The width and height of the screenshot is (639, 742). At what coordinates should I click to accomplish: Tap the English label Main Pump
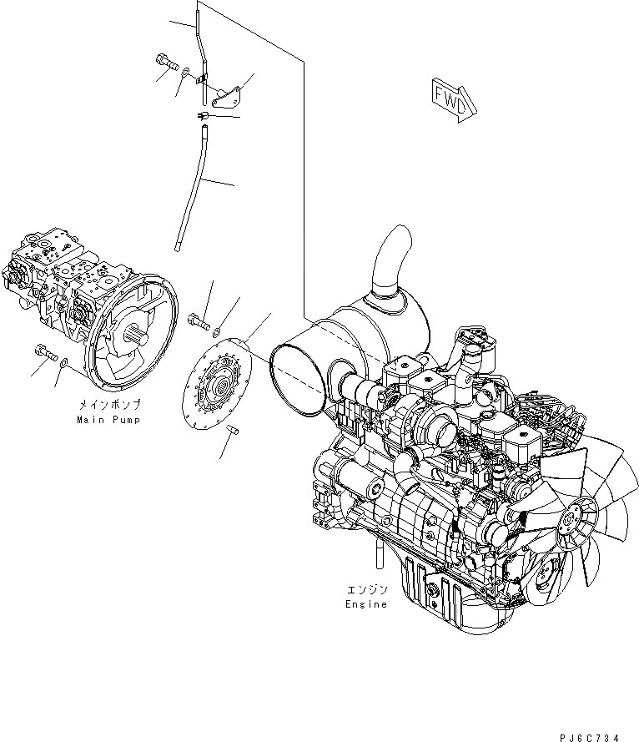(109, 419)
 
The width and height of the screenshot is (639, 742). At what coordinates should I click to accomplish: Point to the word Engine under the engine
(367, 603)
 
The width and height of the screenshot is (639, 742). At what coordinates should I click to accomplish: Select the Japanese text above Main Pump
(109, 404)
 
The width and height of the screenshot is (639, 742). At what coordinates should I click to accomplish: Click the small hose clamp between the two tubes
(203, 114)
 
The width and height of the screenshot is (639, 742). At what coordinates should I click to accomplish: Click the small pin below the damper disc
(233, 430)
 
